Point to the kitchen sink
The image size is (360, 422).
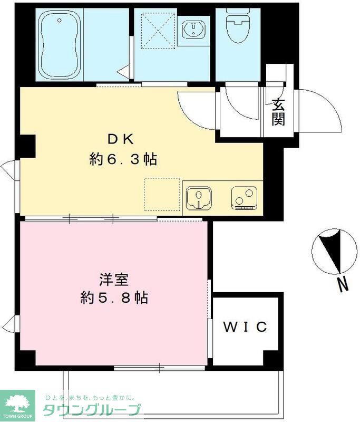(199, 198)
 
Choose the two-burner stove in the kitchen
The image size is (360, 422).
(243, 198)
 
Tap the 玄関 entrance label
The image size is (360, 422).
(278, 112)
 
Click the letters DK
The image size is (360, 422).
(122, 139)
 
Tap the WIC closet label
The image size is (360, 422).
(245, 327)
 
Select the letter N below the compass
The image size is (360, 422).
(343, 285)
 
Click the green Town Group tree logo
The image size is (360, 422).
(17, 406)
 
